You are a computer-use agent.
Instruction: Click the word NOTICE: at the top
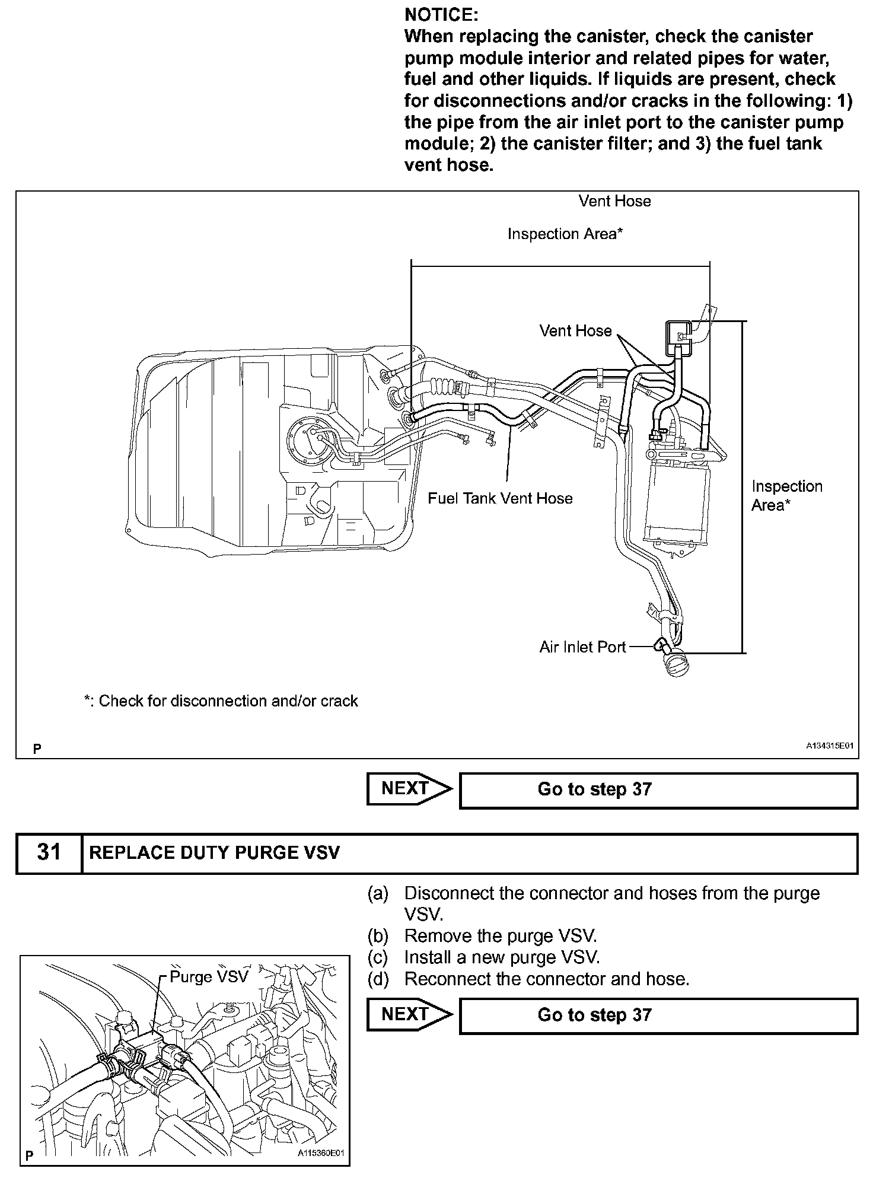(441, 14)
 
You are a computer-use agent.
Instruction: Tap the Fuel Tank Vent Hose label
(500, 498)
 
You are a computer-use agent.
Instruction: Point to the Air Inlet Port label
(582, 647)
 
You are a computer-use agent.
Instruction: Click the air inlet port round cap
(676, 666)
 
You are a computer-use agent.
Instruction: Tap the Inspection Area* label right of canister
(786, 495)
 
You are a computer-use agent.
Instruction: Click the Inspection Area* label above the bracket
(565, 234)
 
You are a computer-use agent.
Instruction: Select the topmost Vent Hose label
(614, 201)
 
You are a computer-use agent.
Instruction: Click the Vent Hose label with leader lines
(575, 330)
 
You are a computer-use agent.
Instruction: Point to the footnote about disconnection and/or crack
(221, 701)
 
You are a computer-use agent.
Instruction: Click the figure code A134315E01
(829, 746)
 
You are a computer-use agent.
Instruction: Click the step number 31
(49, 853)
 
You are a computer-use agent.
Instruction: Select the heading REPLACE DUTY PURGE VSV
(215, 853)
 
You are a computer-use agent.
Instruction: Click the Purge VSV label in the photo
(209, 977)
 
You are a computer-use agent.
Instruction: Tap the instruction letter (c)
(378, 957)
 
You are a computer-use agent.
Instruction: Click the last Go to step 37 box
(658, 1015)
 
